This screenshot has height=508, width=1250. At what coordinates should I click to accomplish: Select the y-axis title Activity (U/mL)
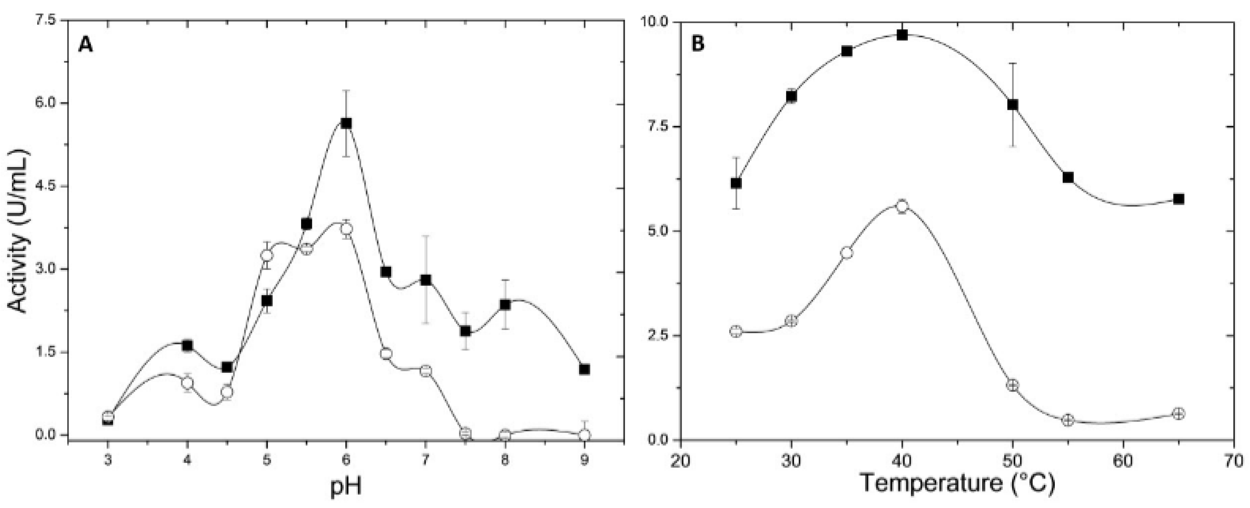tap(19, 231)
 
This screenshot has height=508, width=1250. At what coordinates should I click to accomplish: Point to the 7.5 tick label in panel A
tap(45, 20)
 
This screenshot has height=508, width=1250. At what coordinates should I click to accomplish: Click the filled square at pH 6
tap(346, 123)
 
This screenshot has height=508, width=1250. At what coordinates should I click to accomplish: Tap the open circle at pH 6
tap(346, 229)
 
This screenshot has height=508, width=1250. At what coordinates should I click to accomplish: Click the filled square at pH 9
tap(585, 370)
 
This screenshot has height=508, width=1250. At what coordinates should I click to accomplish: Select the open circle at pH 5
tap(267, 256)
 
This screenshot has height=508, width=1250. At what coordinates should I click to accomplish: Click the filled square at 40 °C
tap(902, 35)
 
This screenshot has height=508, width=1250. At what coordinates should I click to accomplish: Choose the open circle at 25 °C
tap(736, 332)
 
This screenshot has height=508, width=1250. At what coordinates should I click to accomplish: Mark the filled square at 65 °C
tap(1179, 199)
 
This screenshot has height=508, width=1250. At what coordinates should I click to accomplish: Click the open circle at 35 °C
tap(847, 252)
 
